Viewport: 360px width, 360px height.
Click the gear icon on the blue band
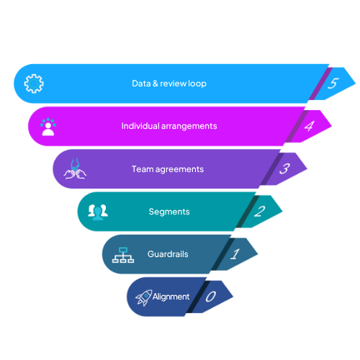tap(33, 84)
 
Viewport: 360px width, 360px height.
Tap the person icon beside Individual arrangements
tap(48, 127)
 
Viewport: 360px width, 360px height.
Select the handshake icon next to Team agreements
tap(76, 169)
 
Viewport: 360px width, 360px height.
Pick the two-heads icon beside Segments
tap(97, 211)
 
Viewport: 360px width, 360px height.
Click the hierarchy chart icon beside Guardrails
tap(123, 254)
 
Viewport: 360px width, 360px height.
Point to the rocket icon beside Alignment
tap(143, 297)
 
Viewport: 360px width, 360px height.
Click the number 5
tap(333, 84)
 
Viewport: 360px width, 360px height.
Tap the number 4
tap(309, 126)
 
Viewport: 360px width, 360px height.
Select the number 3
tap(284, 169)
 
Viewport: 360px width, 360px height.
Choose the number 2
tap(259, 212)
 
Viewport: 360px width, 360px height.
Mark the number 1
tap(235, 254)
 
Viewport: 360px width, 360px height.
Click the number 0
tap(211, 297)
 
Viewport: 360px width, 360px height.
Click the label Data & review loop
tap(168, 84)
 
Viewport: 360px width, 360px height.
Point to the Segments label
tap(169, 212)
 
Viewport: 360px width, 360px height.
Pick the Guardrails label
tap(168, 254)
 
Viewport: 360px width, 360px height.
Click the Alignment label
tap(171, 297)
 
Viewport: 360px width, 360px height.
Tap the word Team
tap(140, 169)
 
